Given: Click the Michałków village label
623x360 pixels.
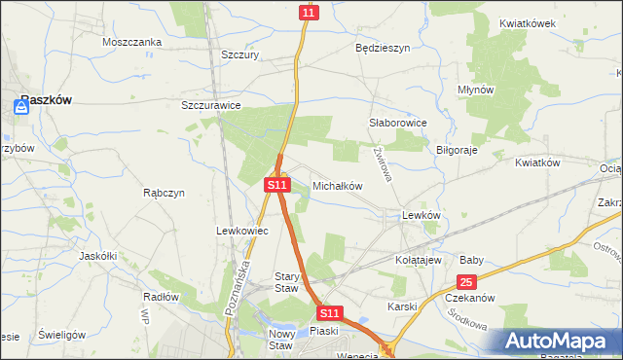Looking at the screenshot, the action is click(x=338, y=185).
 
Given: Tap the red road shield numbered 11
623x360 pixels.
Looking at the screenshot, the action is click(x=309, y=12).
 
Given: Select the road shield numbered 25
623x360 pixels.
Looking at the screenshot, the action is click(x=466, y=282).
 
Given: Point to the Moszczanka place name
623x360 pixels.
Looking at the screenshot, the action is click(x=131, y=42).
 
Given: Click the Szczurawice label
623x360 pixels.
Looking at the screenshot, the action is click(x=211, y=105).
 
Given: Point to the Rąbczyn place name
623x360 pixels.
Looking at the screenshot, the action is click(x=164, y=193).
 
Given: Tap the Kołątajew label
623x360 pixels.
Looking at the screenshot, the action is click(x=420, y=261).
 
